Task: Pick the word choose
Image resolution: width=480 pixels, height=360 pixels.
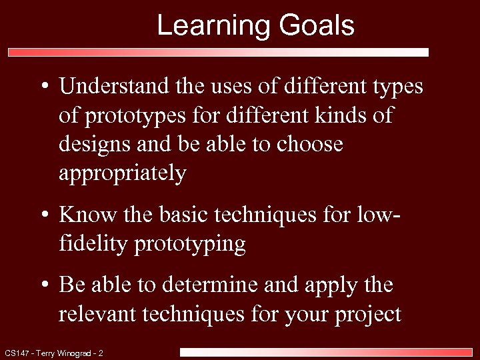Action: pyautogui.click(x=309, y=145)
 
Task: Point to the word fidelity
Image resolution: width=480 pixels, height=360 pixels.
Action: pyautogui.click(x=93, y=244)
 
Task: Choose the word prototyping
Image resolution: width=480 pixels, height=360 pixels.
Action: pyautogui.click(x=190, y=244)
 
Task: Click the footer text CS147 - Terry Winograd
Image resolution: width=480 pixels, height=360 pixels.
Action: pyautogui.click(x=53, y=353)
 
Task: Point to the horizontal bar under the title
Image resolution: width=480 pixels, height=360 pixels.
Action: pyautogui.click(x=218, y=52)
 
